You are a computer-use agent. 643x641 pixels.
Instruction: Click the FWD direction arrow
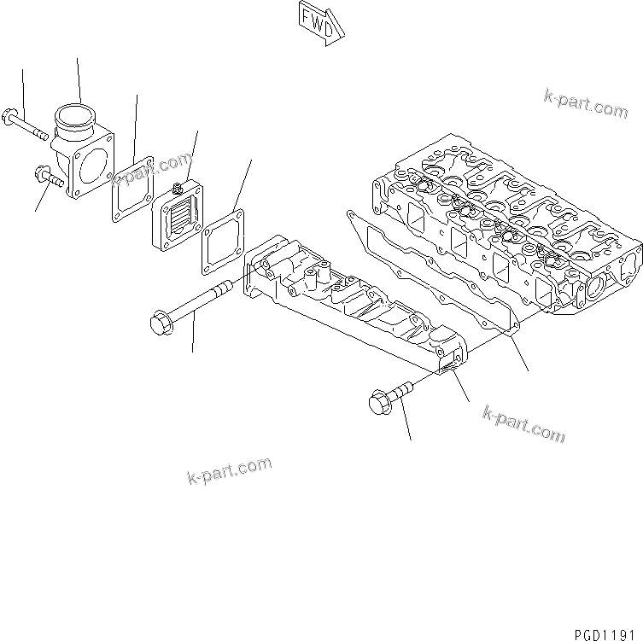click(321, 20)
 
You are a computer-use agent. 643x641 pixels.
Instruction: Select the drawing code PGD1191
click(602, 631)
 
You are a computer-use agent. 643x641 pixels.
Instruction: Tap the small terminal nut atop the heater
click(178, 187)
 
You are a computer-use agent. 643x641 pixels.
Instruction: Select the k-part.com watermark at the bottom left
click(229, 469)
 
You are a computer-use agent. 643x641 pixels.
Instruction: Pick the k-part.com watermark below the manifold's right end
click(523, 423)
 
